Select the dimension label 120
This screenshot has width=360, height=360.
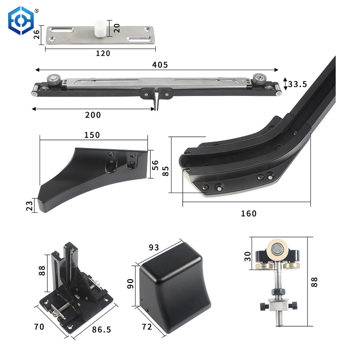tap(103, 54)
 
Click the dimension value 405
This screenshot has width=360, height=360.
tap(159, 65)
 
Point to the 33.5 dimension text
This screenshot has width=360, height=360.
tap(297, 84)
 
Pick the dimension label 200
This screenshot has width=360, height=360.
tap(93, 115)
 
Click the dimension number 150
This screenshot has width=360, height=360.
tap(92, 135)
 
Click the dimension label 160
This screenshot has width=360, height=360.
tap(248, 214)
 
